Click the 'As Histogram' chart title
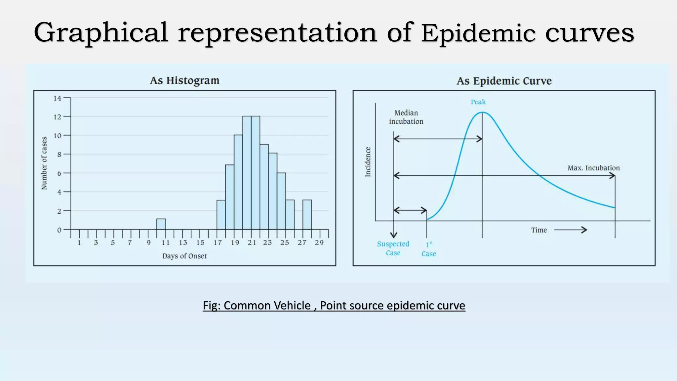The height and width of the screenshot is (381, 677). point(184,80)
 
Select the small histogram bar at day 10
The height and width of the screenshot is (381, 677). point(161,224)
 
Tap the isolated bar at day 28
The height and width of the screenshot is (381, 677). point(307,215)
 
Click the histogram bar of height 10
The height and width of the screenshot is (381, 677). point(238,182)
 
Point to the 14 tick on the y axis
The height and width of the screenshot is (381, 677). point(58,98)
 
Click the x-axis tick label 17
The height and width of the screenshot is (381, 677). point(218,243)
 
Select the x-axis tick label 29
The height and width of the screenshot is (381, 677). point(319,243)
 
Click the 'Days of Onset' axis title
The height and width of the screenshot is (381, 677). point(184,256)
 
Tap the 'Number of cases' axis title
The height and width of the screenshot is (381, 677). point(44,163)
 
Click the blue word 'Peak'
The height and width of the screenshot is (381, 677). point(478,102)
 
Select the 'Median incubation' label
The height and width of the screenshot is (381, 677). point(406,117)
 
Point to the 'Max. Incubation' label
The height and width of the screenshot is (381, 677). point(593,168)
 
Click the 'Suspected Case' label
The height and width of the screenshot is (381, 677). point(393,248)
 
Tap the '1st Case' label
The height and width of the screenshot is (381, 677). point(429,249)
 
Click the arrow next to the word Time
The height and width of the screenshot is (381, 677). point(570,230)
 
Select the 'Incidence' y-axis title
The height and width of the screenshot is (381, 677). point(368,162)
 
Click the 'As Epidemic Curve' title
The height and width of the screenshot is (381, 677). point(504,81)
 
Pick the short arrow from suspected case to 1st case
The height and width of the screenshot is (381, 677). point(410,210)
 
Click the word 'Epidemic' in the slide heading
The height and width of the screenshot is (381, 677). point(478,33)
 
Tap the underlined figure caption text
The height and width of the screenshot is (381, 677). point(334,305)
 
